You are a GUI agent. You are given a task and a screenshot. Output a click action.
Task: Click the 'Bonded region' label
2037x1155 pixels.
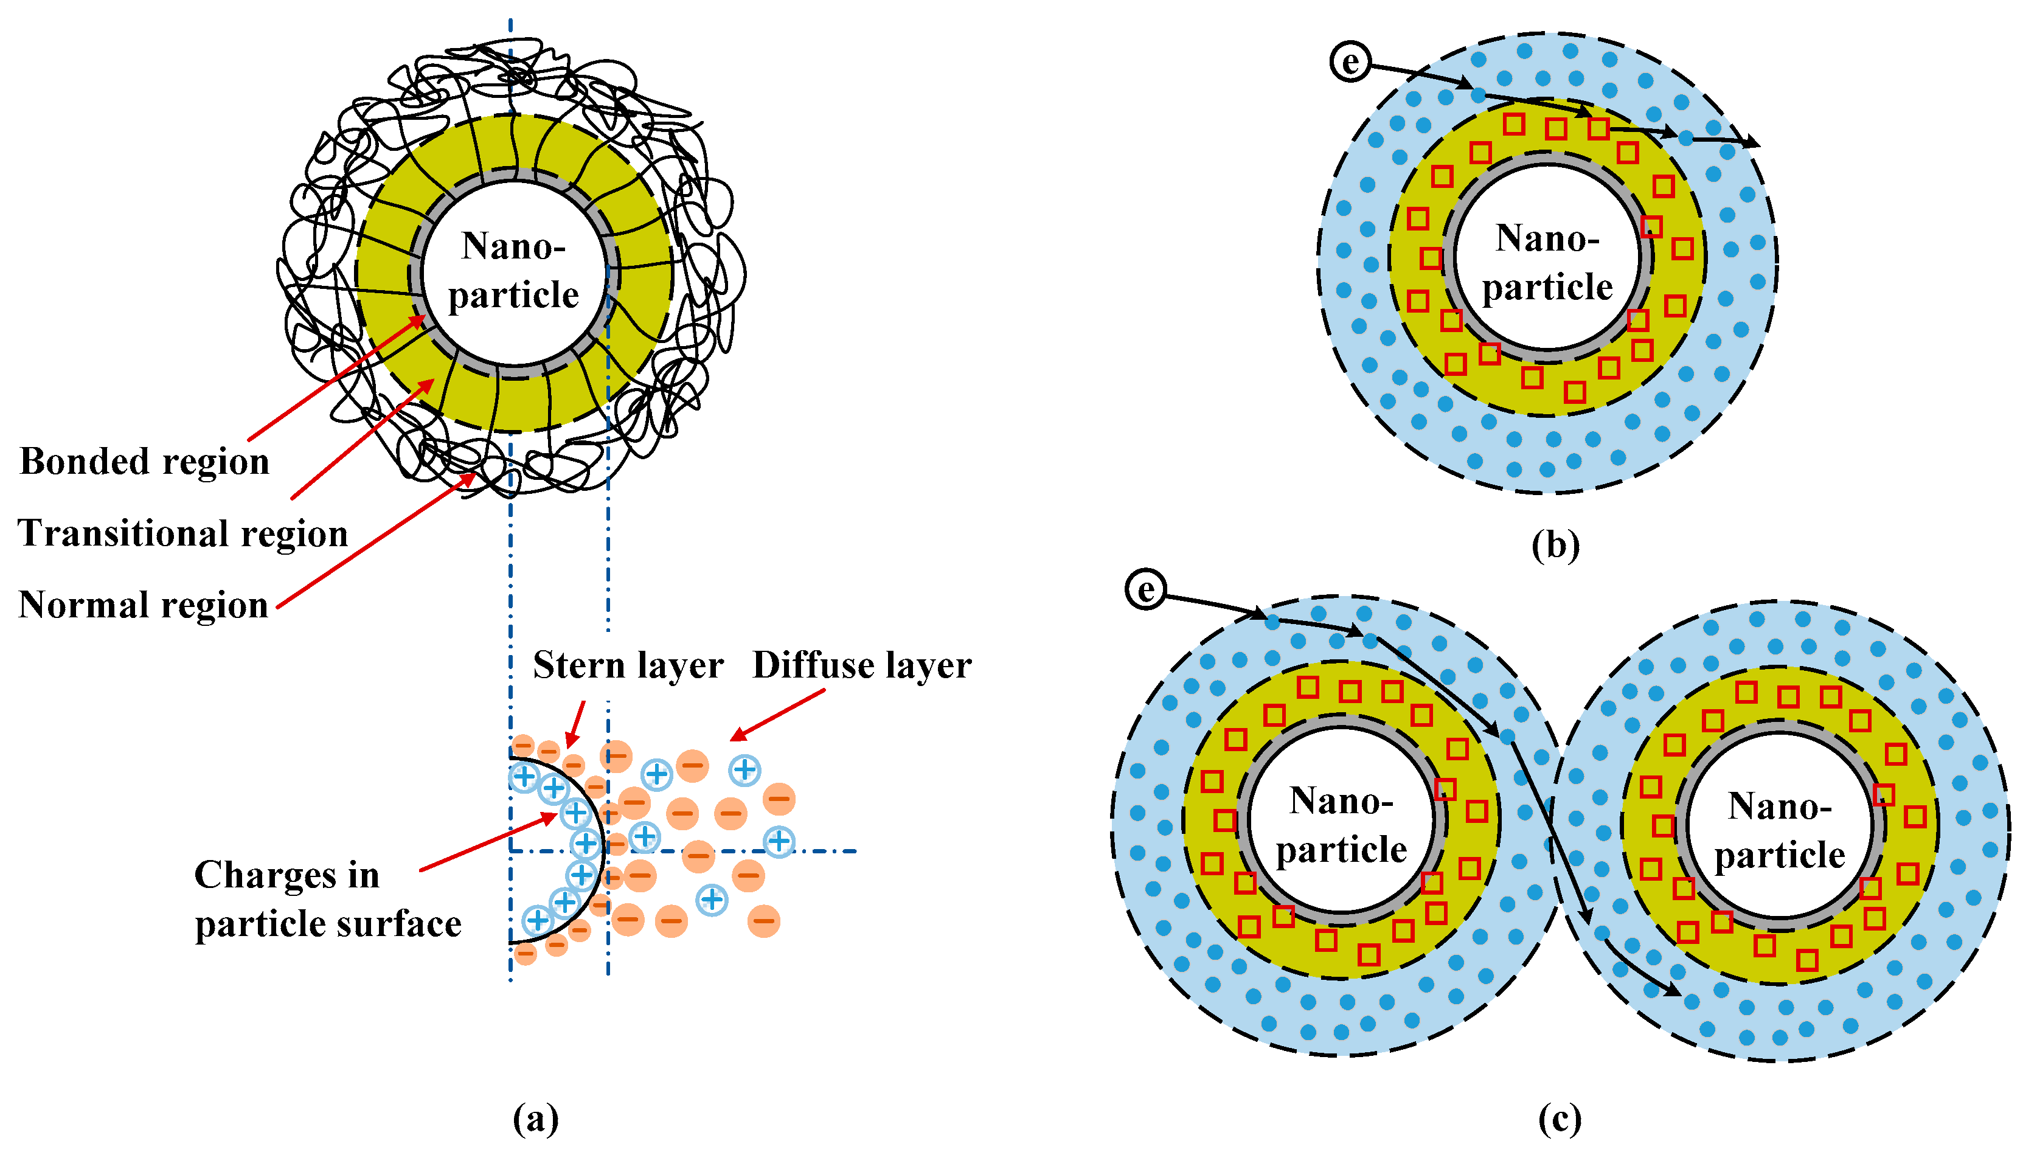point(144,462)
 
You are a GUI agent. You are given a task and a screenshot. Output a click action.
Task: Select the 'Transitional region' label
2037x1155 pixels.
point(183,533)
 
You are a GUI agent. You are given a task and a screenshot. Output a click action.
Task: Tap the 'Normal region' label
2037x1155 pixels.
point(144,605)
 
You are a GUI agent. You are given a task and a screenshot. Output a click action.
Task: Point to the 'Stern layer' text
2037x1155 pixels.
point(628,665)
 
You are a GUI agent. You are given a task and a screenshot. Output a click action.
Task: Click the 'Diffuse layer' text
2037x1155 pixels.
point(861,665)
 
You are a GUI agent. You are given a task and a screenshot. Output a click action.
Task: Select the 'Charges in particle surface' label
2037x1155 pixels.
point(327,899)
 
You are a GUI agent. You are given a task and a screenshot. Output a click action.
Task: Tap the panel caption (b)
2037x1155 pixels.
point(1555,545)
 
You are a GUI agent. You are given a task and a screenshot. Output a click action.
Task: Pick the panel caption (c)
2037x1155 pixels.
point(1560,1119)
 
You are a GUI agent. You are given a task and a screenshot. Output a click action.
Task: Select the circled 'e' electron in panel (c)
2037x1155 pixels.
point(1145,589)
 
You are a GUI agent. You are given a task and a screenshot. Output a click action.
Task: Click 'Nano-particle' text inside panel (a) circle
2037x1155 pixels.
point(514,271)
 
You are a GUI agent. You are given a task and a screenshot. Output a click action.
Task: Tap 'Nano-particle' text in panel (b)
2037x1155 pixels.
point(1547,263)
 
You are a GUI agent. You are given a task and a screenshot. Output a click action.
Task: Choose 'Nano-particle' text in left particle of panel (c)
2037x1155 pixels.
point(1341,825)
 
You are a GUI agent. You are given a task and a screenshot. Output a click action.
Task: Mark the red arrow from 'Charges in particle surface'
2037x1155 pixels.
point(488,842)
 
